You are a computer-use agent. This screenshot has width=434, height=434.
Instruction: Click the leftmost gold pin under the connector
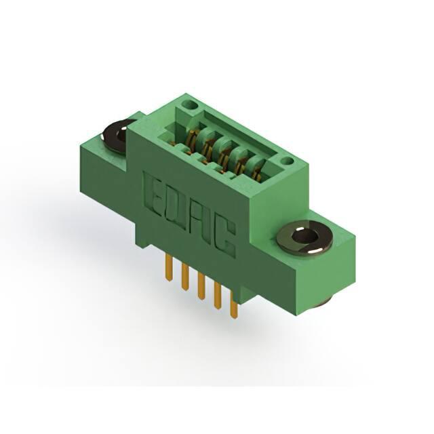pyautogui.click(x=168, y=268)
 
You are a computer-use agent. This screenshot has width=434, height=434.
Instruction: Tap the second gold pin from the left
pyautogui.click(x=184, y=277)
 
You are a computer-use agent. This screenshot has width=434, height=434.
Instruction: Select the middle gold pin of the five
pyautogui.click(x=201, y=286)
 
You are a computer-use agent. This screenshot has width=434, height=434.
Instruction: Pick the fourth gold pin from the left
pyautogui.click(x=218, y=296)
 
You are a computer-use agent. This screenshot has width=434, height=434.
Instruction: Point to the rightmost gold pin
pyautogui.click(x=234, y=306)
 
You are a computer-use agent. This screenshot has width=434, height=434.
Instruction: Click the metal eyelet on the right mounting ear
pyautogui.click(x=304, y=237)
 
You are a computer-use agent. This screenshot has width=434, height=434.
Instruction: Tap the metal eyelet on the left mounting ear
pyautogui.click(x=117, y=136)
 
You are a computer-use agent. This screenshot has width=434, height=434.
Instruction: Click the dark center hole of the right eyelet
pyautogui.click(x=304, y=236)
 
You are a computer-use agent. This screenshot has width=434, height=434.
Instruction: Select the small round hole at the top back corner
pyautogui.click(x=191, y=105)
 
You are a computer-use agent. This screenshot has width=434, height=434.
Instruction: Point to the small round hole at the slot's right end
pyautogui.click(x=288, y=161)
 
